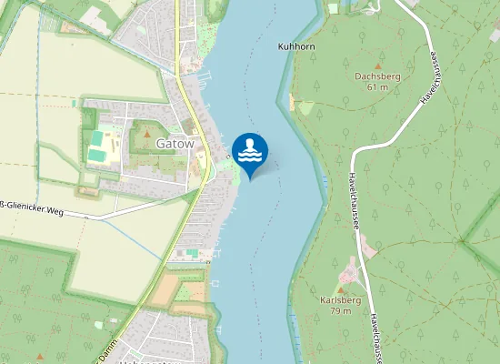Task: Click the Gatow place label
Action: (x=175, y=144)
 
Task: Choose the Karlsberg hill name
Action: (x=341, y=299)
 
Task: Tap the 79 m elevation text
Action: (x=341, y=310)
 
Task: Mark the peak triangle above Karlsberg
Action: (x=341, y=288)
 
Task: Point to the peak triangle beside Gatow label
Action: (x=146, y=135)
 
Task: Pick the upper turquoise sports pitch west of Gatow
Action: (x=96, y=137)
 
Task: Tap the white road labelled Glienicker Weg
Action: (x=118, y=212)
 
